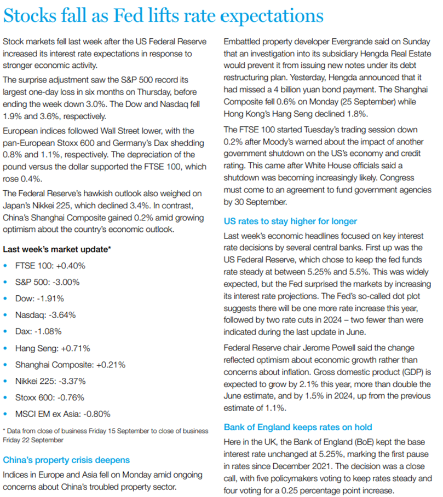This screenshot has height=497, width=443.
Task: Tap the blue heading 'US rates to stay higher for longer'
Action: pyautogui.click(x=290, y=221)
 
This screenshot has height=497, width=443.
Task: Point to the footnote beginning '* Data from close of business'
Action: pyautogui.click(x=105, y=435)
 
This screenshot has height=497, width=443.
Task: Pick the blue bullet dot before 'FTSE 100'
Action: pyautogui.click(x=6, y=266)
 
